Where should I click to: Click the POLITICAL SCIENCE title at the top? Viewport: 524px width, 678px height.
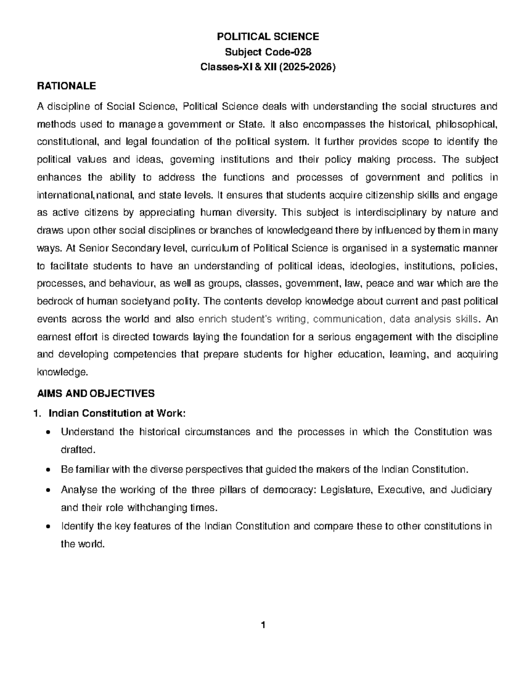point(268,37)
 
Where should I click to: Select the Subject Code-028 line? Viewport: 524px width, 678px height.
point(268,52)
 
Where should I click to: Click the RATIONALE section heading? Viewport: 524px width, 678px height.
point(66,86)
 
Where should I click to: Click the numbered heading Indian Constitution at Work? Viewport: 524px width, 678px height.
point(117,413)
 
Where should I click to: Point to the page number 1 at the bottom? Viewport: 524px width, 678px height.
point(263,625)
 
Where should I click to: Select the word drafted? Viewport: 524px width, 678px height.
point(77,450)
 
